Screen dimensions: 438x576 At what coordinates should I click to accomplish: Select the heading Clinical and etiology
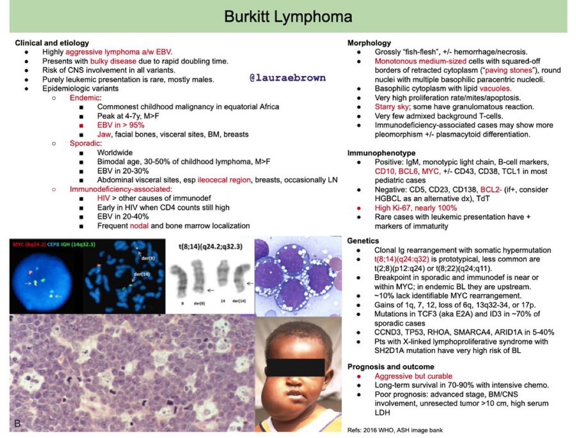(52, 43)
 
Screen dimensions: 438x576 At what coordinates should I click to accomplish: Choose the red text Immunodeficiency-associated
(120, 189)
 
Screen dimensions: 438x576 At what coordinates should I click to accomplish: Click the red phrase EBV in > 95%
(121, 125)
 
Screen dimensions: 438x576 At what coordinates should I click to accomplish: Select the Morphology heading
(369, 43)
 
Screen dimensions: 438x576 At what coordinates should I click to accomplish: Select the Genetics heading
(363, 241)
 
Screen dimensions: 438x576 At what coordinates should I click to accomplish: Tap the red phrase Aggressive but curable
(413, 376)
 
